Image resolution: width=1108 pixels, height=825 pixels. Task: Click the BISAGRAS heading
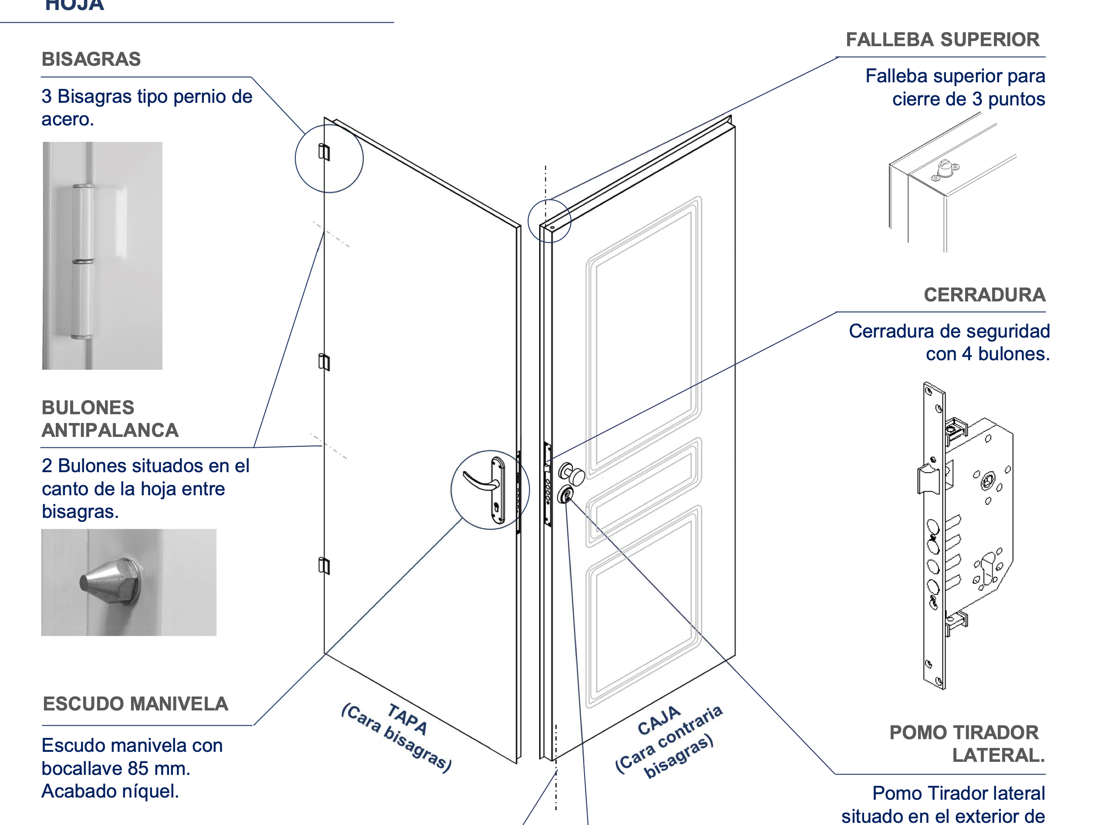91,59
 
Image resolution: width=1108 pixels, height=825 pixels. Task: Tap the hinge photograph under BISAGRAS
102,255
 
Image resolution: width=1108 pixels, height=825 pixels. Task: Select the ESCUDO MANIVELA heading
135,703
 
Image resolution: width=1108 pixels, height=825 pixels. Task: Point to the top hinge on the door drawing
324,152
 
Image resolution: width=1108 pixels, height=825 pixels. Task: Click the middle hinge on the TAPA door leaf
324,362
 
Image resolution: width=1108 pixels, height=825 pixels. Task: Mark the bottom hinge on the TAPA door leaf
324,565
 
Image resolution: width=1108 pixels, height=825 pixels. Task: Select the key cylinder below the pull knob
566,495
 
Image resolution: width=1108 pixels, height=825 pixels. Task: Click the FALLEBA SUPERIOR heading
942,40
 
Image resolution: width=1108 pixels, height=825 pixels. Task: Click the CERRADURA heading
984,294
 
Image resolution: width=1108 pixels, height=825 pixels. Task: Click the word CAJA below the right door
659,720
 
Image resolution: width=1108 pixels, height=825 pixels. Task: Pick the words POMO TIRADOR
964,732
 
